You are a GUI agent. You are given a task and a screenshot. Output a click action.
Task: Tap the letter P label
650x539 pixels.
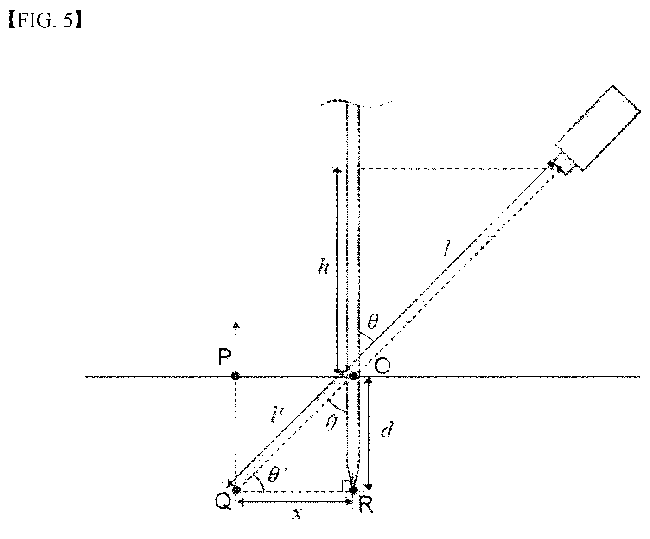tap(224, 356)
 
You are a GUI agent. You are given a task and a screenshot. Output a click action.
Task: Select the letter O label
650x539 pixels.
tap(382, 367)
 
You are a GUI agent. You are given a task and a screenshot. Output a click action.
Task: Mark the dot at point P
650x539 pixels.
tap(236, 377)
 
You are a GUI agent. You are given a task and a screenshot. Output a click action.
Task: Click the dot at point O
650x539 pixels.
tap(353, 377)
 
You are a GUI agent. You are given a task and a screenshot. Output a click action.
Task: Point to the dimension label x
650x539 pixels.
tap(298, 514)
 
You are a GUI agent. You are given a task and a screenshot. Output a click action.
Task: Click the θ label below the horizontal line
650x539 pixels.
tap(331, 423)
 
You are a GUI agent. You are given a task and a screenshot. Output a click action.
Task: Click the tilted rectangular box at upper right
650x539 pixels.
tap(598, 128)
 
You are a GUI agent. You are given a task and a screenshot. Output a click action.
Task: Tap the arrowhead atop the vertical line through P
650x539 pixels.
tap(236, 325)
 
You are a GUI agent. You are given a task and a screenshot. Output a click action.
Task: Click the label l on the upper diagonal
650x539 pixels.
tap(447, 249)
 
